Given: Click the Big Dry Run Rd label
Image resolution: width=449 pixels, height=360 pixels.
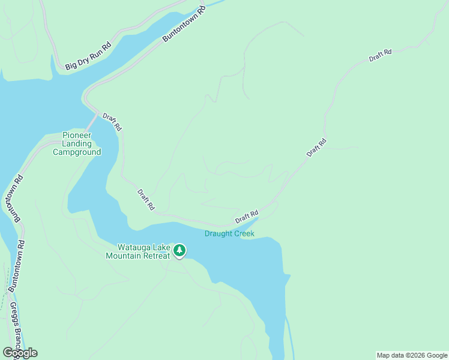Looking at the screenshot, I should click(88, 56).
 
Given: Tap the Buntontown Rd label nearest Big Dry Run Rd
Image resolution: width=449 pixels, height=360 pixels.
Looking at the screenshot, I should click(184, 25).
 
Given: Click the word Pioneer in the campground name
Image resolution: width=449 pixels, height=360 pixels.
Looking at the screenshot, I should click(77, 135).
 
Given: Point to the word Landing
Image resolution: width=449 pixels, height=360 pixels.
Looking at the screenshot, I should click(77, 143).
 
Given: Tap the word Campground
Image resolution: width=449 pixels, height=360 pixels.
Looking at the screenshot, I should click(77, 152).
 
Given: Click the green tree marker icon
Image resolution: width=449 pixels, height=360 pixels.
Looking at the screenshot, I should click(179, 251).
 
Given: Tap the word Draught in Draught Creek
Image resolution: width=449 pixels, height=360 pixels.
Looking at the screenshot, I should click(218, 233).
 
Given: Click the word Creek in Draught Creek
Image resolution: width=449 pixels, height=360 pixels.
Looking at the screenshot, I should click(244, 233).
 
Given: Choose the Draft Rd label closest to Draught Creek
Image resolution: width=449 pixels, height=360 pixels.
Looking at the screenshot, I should click(247, 216).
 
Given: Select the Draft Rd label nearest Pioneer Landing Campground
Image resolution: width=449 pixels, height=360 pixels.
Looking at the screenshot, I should click(112, 122).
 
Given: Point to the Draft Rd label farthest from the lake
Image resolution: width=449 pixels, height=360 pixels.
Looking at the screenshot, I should click(380, 55).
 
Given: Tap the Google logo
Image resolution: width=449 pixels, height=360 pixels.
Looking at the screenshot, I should click(20, 353).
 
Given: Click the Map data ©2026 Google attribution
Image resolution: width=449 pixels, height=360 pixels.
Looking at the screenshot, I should click(412, 355).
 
